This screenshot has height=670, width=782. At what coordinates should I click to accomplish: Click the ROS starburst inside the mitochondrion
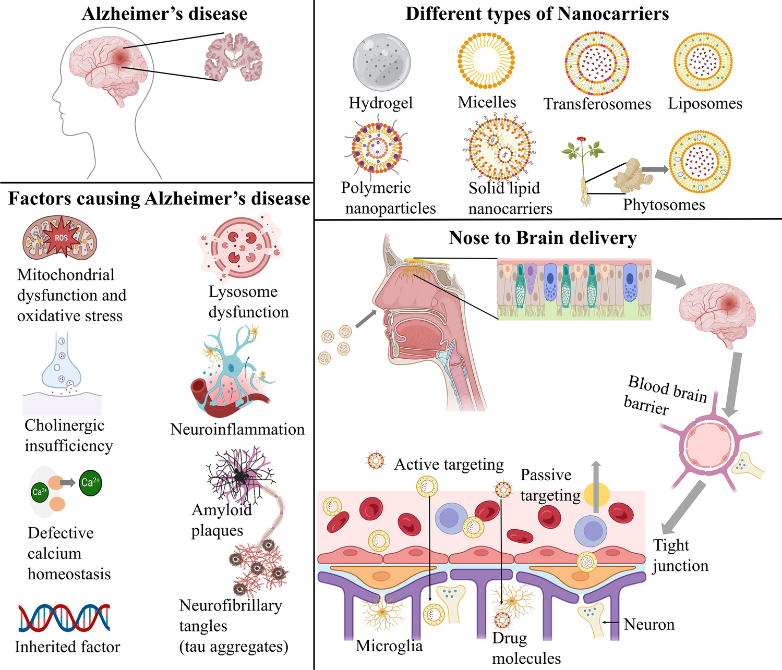click(61, 238)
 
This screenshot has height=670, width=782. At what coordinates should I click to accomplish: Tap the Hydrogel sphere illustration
click(380, 63)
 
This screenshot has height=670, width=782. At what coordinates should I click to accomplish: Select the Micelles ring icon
click(487, 60)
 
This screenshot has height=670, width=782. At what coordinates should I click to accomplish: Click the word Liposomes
click(705, 103)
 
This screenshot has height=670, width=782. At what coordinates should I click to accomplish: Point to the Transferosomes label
click(597, 104)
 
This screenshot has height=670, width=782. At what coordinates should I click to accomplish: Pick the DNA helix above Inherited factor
click(64, 618)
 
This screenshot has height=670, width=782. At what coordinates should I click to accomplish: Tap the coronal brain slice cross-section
click(233, 57)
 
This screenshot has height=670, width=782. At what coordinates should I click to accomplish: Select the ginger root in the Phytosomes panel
click(632, 175)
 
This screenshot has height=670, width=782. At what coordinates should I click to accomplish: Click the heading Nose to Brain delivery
click(543, 238)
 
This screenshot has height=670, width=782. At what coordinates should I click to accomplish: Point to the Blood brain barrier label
click(665, 394)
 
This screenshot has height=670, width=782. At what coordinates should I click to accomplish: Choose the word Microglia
click(389, 645)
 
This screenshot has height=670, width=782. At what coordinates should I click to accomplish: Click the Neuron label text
click(649, 624)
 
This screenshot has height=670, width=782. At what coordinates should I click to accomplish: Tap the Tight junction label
click(680, 555)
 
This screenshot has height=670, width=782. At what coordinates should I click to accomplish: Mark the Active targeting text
click(449, 464)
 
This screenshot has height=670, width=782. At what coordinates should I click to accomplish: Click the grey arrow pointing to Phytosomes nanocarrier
click(655, 169)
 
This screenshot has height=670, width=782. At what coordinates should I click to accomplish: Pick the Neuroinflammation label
click(237, 429)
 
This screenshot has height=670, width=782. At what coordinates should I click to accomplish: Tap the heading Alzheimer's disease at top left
click(164, 14)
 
